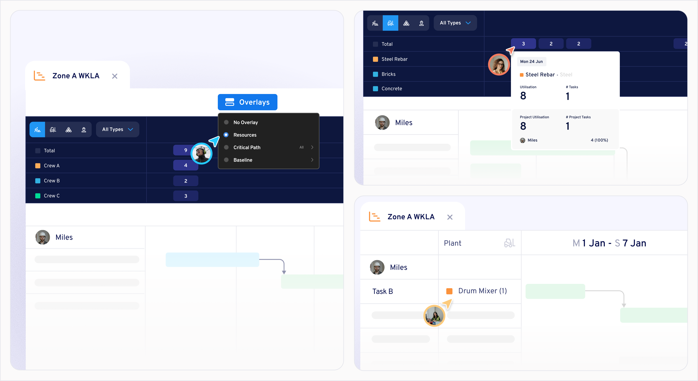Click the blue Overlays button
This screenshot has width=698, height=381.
click(247, 102)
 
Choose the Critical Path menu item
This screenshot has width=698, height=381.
click(247, 147)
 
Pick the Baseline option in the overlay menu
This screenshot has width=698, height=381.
click(243, 160)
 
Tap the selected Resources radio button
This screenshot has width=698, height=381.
click(226, 135)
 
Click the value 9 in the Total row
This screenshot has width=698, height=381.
click(186, 150)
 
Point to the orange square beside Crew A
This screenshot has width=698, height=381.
click(38, 166)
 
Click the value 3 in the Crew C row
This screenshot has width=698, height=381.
click(186, 196)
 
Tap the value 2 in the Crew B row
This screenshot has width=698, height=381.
click(186, 181)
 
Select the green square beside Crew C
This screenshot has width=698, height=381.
click(38, 196)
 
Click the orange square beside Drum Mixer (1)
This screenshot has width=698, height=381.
click(449, 291)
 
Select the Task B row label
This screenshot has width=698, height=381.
click(382, 291)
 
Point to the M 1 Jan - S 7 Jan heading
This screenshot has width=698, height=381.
click(609, 243)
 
